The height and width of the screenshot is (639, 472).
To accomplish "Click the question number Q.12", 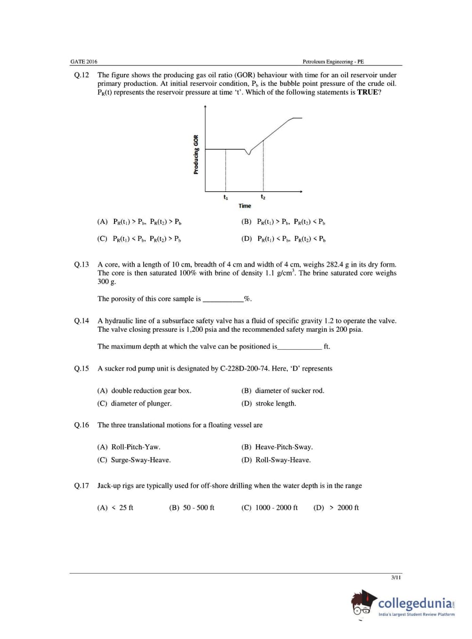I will pyautogui.click(x=81, y=75).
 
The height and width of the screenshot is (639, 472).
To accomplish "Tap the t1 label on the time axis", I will pyautogui.click(x=226, y=197).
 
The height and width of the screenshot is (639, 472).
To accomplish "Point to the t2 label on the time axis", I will pyautogui.click(x=263, y=197).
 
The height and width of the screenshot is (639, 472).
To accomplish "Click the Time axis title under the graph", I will pyautogui.click(x=245, y=206).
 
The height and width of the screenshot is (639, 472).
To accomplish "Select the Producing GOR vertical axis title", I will pyautogui.click(x=196, y=155).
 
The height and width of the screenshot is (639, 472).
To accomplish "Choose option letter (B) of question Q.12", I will pyautogui.click(x=246, y=221).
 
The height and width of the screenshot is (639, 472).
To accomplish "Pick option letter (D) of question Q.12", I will pyautogui.click(x=246, y=239).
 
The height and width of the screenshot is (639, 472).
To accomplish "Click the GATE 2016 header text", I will pyautogui.click(x=84, y=62).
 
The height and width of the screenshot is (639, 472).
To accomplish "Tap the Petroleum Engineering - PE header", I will pyautogui.click(x=333, y=62).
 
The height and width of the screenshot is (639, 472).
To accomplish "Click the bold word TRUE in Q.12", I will pyautogui.click(x=367, y=92).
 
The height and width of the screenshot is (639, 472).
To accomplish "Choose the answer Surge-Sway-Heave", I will pyautogui.click(x=141, y=460).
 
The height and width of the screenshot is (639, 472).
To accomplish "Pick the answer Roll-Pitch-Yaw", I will pyautogui.click(x=136, y=447).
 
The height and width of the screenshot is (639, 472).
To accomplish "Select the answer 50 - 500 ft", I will pyautogui.click(x=198, y=508).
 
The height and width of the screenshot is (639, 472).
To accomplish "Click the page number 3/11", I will pyautogui.click(x=396, y=577).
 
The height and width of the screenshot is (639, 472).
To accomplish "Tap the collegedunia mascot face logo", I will pyautogui.click(x=363, y=604).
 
